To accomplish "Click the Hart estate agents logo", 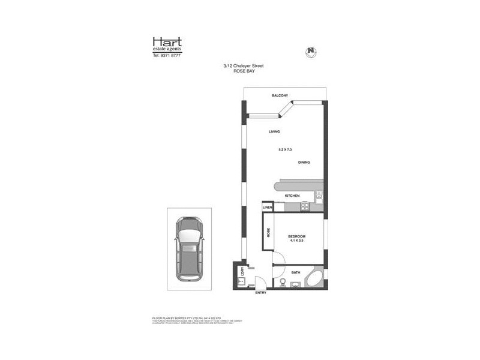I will tap(167, 44).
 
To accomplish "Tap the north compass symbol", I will tap(311, 52).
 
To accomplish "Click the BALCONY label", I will tap(280, 96).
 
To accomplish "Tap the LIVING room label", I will tap(275, 131).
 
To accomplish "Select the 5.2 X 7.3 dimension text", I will tap(285, 148).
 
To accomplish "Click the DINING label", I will tap(304, 163).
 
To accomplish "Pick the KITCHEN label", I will tap(292, 196).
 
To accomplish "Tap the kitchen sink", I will tap(319, 196).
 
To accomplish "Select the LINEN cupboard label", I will tap(268, 208).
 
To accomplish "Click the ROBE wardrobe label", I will tap(268, 232).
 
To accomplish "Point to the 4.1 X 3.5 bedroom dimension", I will tap(297, 241).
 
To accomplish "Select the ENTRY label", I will tap(260, 292).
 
